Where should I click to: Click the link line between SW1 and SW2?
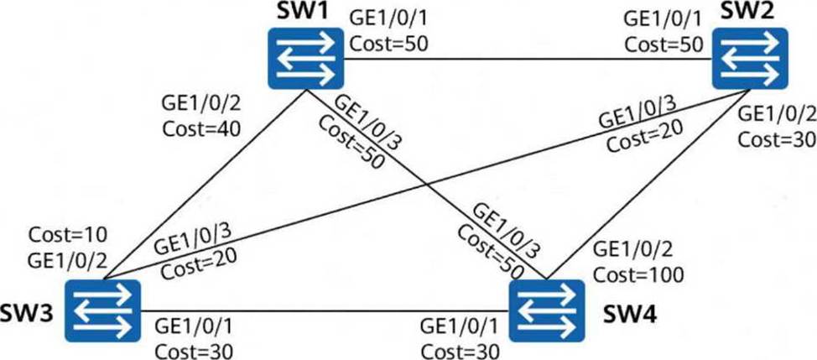point(528,59)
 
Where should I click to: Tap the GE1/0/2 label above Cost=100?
point(629,250)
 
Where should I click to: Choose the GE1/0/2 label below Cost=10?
point(66,255)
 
